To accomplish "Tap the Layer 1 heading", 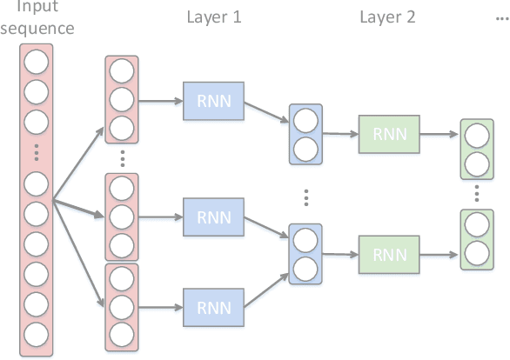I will point(213,17).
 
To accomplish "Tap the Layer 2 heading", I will point(386,17).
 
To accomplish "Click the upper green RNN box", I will point(388,134).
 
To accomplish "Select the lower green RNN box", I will point(388,254).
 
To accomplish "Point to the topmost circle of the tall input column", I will point(37,62).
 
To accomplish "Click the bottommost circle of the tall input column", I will point(37,333).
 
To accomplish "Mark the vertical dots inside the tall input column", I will point(37,154).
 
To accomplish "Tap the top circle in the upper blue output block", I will point(305,120).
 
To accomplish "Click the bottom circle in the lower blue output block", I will point(305,267).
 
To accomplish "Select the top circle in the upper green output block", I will point(476,136).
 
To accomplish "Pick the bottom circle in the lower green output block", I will point(476,253).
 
